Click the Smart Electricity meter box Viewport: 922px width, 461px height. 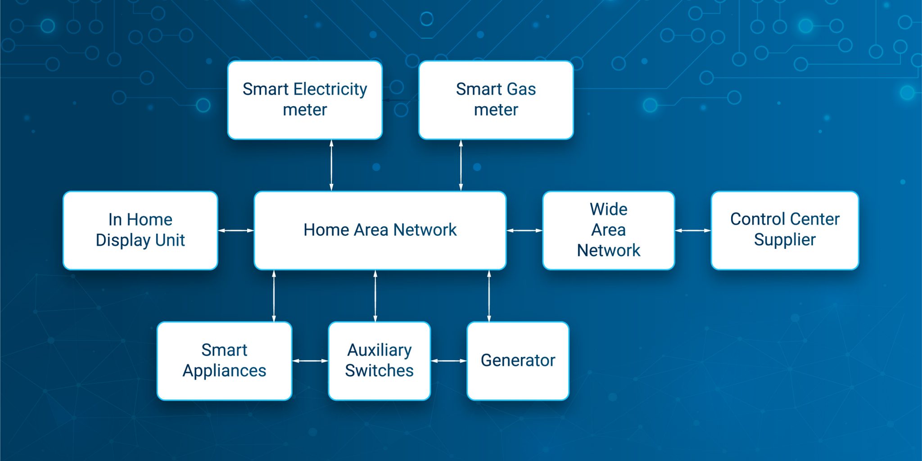[305, 100]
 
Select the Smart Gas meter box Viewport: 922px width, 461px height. [496, 100]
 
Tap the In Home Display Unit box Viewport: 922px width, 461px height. [140, 230]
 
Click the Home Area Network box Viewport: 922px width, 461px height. [380, 230]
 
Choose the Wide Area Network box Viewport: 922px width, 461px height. [609, 230]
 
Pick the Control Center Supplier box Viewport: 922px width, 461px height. [785, 230]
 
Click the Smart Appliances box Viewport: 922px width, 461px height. [224, 361]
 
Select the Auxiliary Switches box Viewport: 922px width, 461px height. [380, 361]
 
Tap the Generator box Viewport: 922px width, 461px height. [518, 361]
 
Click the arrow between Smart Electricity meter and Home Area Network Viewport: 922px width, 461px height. [331, 165]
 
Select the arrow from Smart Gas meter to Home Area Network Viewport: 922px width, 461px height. [461, 165]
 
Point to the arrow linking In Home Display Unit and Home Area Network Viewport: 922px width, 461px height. [236, 230]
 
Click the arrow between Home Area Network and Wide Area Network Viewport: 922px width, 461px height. [524, 230]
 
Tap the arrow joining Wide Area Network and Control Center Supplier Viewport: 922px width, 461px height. [693, 230]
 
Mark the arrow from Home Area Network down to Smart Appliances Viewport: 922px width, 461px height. [274, 296]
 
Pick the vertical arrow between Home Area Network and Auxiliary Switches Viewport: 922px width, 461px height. [375, 296]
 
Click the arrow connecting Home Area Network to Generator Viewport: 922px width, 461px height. [489, 296]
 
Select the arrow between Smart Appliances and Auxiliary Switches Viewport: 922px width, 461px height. [310, 361]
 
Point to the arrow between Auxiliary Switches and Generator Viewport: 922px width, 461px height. [449, 361]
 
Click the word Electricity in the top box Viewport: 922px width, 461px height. [330, 90]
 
